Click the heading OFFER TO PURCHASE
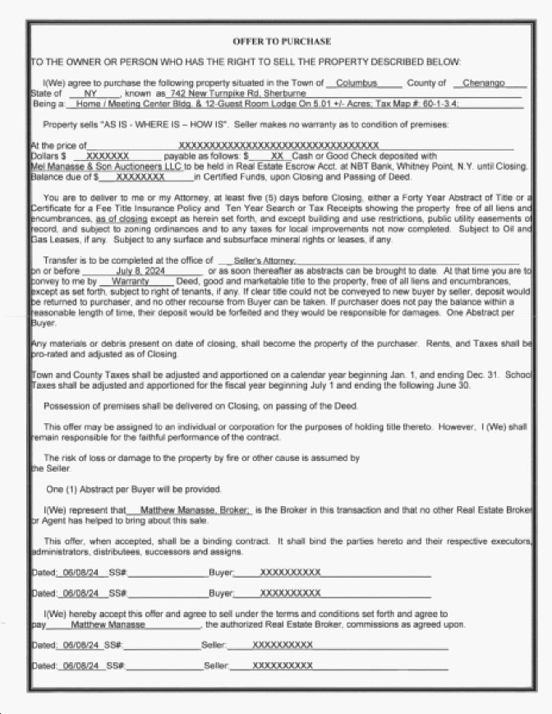(282, 41)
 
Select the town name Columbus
(356, 83)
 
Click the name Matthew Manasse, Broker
(191, 510)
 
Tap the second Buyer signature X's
(290, 592)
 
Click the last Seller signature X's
(283, 665)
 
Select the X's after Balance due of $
(140, 177)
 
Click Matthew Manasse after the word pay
(103, 624)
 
